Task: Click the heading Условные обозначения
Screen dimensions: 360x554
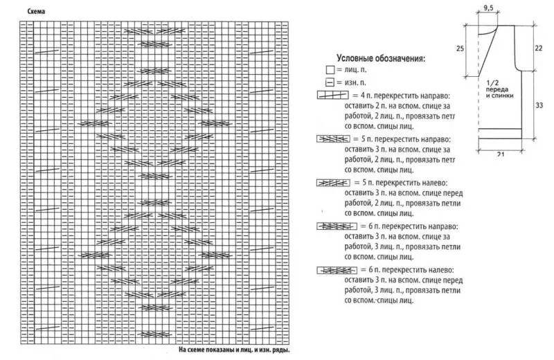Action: [380, 58]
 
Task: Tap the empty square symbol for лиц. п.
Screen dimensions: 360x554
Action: [329, 70]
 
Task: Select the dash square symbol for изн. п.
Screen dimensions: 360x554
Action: [329, 83]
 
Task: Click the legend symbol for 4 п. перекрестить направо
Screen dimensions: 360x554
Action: [332, 95]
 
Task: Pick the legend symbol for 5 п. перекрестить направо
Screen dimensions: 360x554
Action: [332, 138]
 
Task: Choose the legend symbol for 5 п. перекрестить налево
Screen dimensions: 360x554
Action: [332, 183]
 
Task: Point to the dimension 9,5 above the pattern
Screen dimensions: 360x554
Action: [488, 8]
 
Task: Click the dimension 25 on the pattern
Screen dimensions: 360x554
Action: [460, 48]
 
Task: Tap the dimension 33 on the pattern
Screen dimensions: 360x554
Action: [539, 105]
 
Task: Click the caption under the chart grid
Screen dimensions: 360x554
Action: [233, 350]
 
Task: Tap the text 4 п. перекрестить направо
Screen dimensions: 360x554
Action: [401, 95]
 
